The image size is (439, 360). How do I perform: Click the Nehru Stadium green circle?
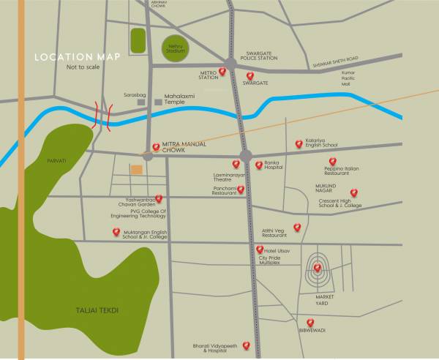(x=174, y=48)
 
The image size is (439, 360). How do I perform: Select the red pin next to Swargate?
(x=250, y=76)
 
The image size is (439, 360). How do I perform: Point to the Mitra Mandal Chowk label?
(x=184, y=147)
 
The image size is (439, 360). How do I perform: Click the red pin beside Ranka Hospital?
(x=258, y=165)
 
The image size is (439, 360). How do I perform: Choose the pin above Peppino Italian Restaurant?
(x=332, y=161)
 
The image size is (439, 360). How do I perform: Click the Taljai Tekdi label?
(x=97, y=311)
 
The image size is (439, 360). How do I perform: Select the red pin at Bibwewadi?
(x=310, y=322)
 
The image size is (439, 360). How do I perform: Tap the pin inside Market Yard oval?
(x=317, y=268)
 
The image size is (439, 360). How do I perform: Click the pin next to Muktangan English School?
(x=116, y=233)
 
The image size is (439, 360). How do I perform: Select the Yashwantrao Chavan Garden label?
(x=135, y=202)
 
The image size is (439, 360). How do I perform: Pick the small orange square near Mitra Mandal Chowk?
(x=137, y=170)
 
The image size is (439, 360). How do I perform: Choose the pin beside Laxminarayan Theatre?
(x=236, y=164)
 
